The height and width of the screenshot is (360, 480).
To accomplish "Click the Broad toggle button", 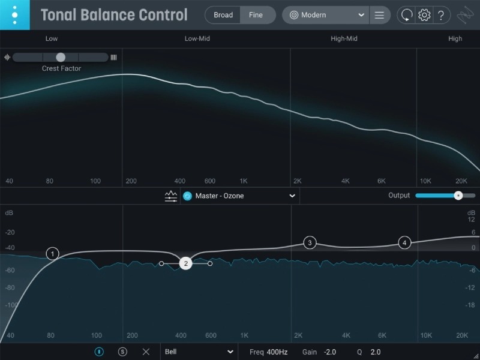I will [223, 15].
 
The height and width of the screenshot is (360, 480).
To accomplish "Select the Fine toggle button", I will [256, 15].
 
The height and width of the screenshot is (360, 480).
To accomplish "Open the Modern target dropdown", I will [327, 15].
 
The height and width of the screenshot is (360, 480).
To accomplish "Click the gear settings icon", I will [424, 15].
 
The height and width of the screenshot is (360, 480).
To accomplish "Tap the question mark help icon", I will [441, 15].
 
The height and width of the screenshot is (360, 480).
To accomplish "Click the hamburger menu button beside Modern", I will [379, 15].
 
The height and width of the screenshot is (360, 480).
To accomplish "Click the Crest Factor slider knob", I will [61, 57].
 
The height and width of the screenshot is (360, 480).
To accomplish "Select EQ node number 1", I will [53, 254].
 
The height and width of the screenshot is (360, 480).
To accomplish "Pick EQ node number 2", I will [186, 263].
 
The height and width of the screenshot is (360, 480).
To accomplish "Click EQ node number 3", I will [310, 242].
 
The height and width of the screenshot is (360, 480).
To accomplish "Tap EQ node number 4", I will [404, 242].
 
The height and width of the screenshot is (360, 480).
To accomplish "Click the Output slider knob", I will [458, 196].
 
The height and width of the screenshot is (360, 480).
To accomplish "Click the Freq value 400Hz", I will [277, 352].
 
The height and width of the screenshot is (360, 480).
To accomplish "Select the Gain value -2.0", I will [330, 352].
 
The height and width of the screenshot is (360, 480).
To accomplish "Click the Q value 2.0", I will [376, 352].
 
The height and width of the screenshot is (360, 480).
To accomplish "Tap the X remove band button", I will [146, 352].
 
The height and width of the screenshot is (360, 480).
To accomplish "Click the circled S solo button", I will [123, 352].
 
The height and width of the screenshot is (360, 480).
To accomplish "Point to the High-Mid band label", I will [344, 38].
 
